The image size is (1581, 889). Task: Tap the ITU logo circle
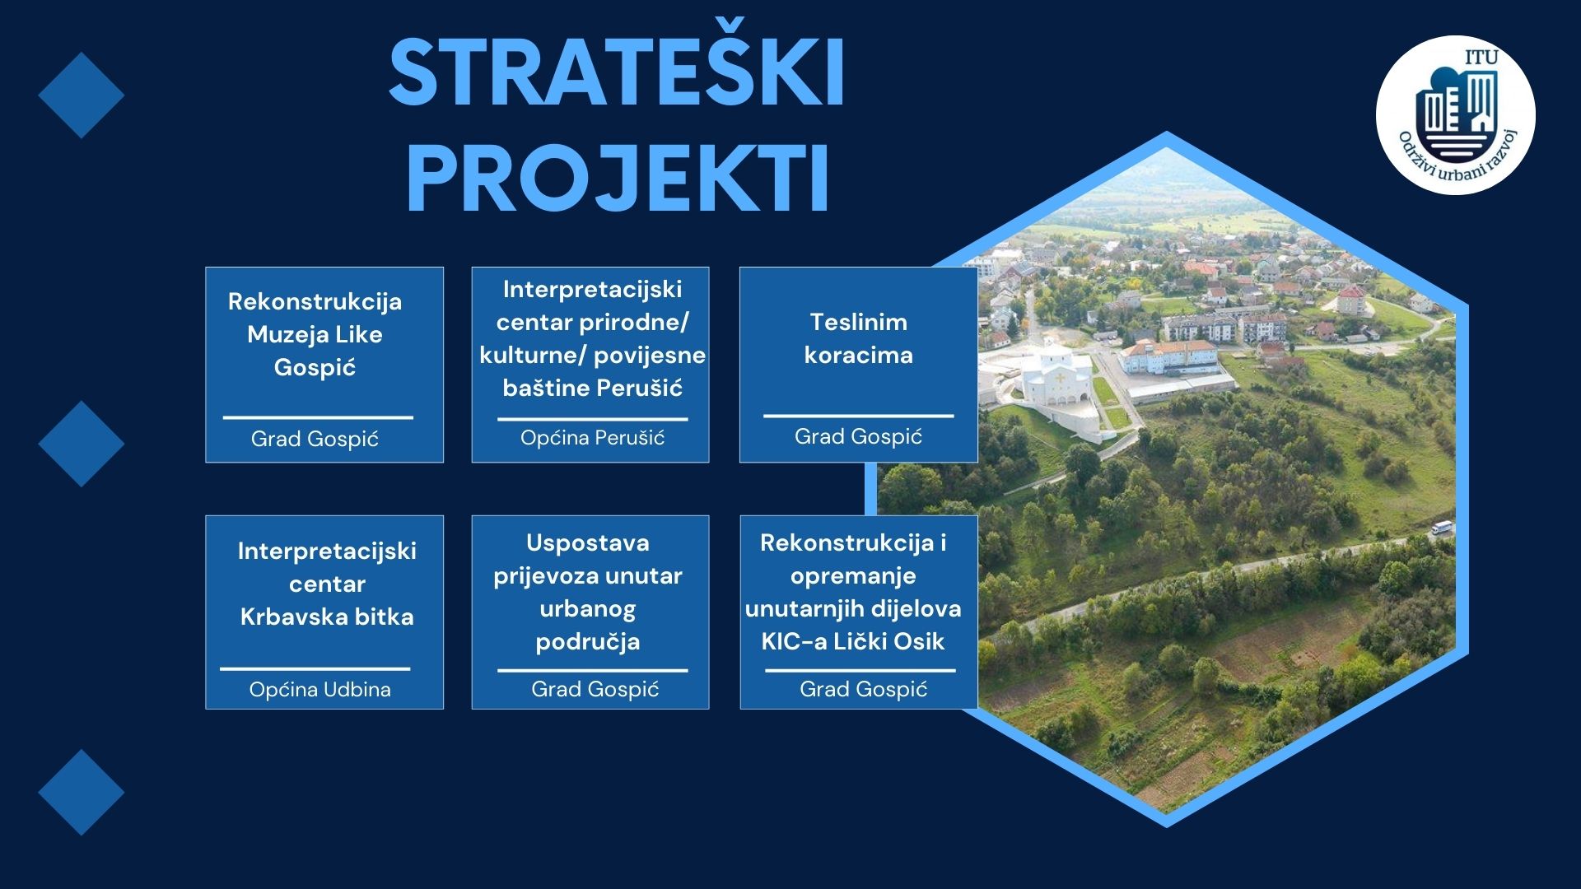pos(1455,114)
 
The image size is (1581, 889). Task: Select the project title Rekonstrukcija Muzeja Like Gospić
pos(315,334)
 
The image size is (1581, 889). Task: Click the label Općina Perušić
pos(592,438)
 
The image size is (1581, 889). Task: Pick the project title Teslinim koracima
pos(858,338)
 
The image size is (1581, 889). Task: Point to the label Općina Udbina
pos(320,690)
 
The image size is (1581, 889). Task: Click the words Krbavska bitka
pos(327,617)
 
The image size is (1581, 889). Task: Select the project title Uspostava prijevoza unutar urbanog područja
pos(588,592)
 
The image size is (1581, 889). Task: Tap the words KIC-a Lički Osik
pos(853,641)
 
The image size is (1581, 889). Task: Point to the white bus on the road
pos(1442,528)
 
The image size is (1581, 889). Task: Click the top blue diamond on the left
pos(82,95)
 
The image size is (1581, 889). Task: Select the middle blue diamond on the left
pos(82,444)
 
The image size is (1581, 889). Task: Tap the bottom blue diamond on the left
pos(82,792)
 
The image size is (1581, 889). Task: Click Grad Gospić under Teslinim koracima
pos(858,437)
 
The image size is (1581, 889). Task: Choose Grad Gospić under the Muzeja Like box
pos(315,440)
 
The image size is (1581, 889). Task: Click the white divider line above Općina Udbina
pos(315,668)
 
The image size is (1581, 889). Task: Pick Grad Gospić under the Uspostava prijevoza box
pos(595,690)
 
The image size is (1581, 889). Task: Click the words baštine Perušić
pos(592,388)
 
